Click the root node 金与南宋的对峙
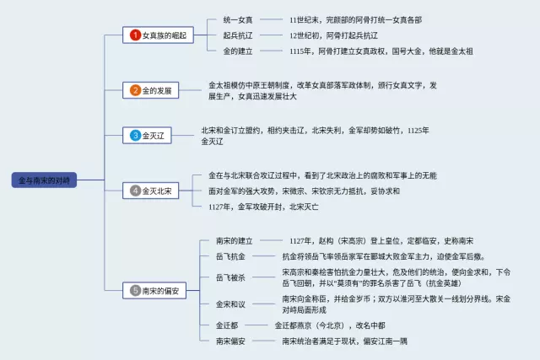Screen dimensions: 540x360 tap(45, 180)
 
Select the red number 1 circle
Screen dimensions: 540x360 tap(135, 35)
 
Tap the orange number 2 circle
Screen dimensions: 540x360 tap(135, 90)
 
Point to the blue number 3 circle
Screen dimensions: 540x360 tap(135, 135)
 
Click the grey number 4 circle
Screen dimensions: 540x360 tap(135, 191)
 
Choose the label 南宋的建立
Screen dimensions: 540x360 tap(234, 241)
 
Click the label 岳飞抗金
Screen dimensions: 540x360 tap(230, 256)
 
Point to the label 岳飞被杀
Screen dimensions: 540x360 tap(230, 277)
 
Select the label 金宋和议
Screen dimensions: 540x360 tap(230, 304)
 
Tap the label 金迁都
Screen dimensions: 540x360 tap(226, 325)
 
